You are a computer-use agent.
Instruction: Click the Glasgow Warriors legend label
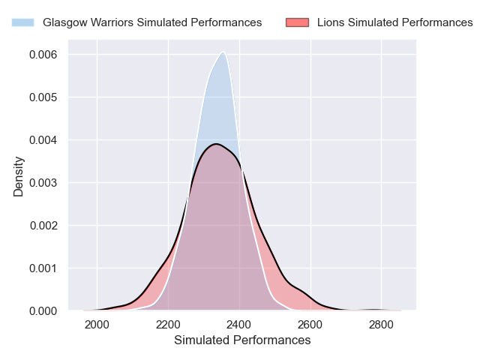[152, 22]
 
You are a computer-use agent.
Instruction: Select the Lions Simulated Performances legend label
[394, 22]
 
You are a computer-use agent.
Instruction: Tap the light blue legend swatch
[22, 22]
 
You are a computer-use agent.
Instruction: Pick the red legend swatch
[297, 22]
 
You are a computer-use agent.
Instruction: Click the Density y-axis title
[19, 176]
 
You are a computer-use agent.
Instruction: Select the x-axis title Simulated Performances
[242, 340]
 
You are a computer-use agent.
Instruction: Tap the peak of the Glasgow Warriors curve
[223, 52]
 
